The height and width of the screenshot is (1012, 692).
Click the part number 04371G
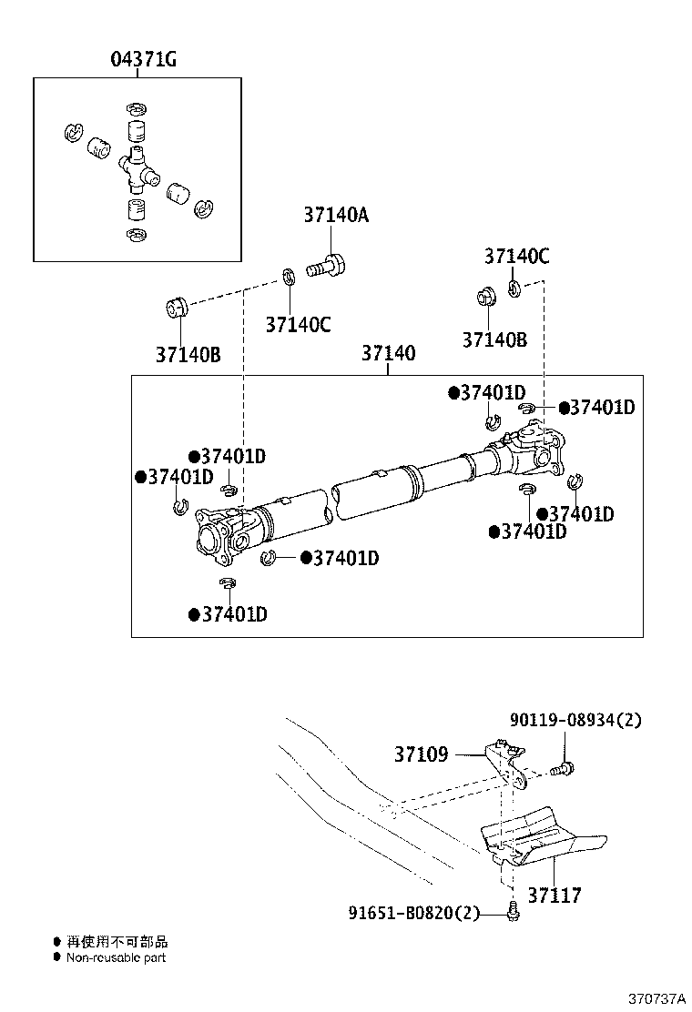(143, 60)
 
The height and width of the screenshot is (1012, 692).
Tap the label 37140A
(336, 216)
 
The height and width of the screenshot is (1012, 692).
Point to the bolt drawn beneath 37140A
(326, 267)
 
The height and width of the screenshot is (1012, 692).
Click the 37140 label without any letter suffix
(388, 353)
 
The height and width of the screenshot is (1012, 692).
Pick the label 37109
(421, 754)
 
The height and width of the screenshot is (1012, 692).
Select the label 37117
(554, 896)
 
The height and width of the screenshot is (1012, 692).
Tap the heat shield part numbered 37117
(537, 835)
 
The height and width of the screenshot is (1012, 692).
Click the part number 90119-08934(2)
(575, 720)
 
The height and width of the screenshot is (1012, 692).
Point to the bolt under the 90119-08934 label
(564, 770)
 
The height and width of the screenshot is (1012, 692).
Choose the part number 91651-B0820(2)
(413, 913)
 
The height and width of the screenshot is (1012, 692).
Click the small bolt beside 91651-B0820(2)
(513, 910)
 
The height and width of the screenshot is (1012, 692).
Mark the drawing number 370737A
(653, 998)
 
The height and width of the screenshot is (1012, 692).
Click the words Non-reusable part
(116, 957)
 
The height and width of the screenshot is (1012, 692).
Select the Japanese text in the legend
(117, 942)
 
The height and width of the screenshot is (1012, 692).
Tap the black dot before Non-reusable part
(56, 957)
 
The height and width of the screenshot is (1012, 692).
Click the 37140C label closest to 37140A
(298, 324)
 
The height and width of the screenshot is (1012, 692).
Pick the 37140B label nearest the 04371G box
(188, 354)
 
